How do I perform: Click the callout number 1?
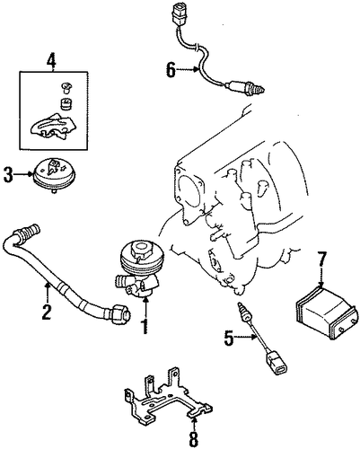click(145, 327)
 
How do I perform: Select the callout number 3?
click(8, 174)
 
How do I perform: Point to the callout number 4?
click(51, 61)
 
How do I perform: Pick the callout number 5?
click(229, 338)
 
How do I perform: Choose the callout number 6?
click(171, 70)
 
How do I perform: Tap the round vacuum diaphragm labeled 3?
click(53, 174)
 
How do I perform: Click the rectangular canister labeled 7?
click(326, 312)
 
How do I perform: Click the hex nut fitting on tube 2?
click(120, 313)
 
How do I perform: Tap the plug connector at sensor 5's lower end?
click(276, 364)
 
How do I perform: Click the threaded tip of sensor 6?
click(259, 87)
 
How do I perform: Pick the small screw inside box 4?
click(65, 87)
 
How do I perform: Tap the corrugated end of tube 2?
click(31, 229)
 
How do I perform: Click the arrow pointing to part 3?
click(23, 173)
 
